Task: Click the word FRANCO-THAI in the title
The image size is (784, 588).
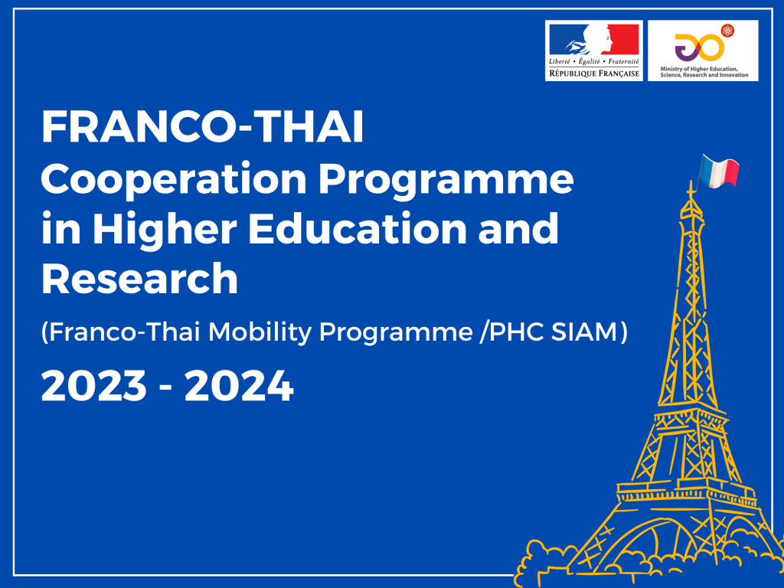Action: tap(202, 126)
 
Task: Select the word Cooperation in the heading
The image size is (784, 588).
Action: tap(174, 181)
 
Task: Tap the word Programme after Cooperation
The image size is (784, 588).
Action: tap(446, 181)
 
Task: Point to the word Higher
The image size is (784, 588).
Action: tap(165, 228)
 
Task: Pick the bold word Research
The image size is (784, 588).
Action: tap(139, 278)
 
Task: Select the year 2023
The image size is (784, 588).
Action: tap(94, 386)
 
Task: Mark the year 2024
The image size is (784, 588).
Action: tap(239, 386)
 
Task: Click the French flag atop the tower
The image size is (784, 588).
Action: tap(718, 171)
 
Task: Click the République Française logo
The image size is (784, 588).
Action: tap(594, 51)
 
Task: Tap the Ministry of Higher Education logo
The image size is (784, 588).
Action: tap(703, 51)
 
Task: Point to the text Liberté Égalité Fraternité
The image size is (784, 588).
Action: tap(594, 61)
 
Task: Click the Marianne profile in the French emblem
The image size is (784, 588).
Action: tap(595, 39)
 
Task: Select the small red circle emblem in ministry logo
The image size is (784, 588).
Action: tap(727, 31)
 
